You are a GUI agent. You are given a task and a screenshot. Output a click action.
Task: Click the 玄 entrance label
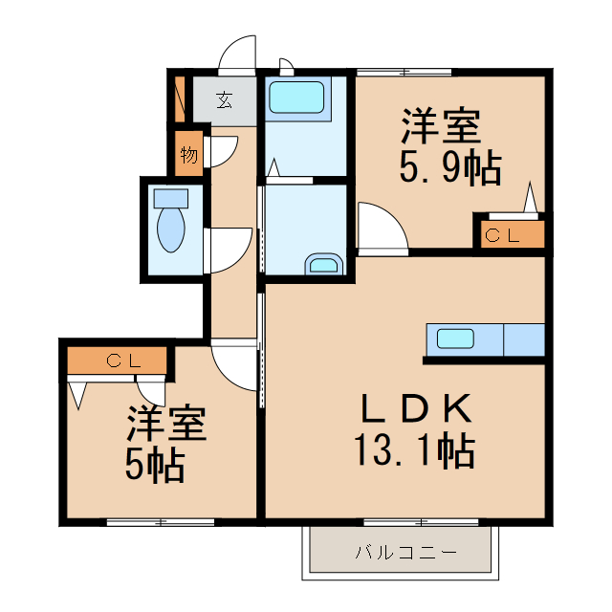224,99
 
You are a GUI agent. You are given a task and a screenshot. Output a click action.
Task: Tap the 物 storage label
188,154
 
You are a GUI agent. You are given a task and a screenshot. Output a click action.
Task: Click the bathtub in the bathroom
295,97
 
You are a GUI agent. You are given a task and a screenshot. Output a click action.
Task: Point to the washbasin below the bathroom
323,265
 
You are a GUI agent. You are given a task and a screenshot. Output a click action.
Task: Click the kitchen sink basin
455,339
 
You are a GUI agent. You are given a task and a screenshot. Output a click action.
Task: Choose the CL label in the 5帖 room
123,361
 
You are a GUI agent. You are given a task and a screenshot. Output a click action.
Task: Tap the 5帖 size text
154,465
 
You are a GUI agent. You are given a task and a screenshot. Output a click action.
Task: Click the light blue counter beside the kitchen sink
523,339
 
